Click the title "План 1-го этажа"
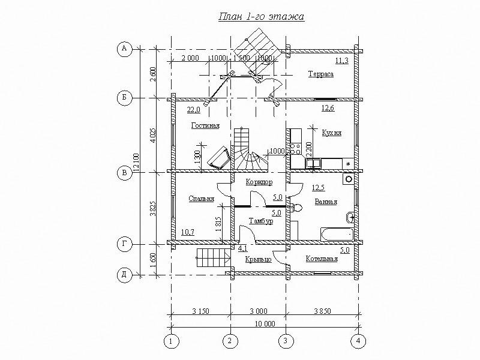point(261,17)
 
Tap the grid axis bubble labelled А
point(124,49)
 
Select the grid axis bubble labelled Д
point(124,275)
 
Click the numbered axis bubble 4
point(358,341)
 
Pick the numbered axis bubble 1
point(172,341)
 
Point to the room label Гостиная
point(205,125)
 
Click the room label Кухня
point(332,133)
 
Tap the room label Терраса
point(321,74)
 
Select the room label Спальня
point(201,199)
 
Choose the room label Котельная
point(322,259)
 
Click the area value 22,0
point(193,110)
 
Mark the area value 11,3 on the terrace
point(341,61)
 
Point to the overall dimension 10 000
point(265,323)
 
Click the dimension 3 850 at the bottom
point(322,311)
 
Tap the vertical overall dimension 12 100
point(137,162)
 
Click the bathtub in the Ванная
point(337,234)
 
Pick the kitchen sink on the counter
point(313,163)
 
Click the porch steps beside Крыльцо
point(213,258)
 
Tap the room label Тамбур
point(261,221)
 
